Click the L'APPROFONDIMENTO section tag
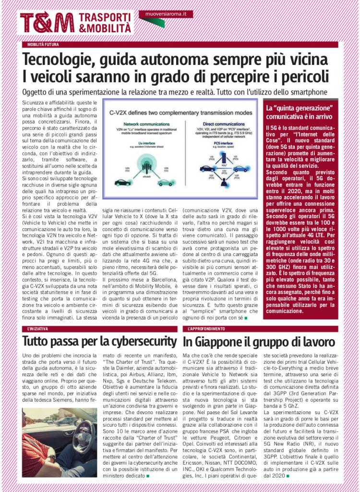coord(204,329)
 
